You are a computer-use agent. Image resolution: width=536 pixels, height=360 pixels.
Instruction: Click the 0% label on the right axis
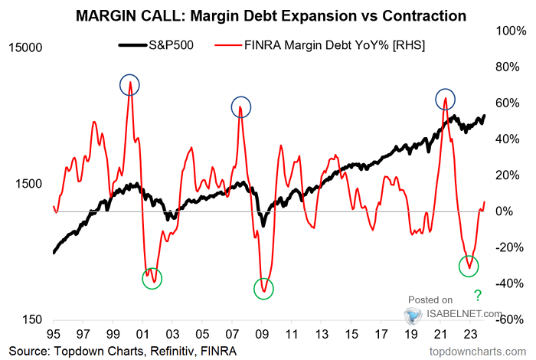[515, 211]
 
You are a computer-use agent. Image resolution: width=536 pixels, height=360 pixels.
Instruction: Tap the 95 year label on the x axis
[54, 335]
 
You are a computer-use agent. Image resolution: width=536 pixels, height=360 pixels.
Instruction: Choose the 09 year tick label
[262, 335]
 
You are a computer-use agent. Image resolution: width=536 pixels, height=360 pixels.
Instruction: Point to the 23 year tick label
[469, 335]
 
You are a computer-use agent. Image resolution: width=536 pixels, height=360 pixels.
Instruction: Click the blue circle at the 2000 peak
[129, 86]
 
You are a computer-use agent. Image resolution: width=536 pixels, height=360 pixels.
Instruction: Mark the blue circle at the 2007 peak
[242, 107]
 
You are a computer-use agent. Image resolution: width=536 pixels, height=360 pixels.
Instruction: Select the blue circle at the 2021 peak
[445, 99]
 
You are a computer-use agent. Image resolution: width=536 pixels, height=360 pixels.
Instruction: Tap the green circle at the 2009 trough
[263, 289]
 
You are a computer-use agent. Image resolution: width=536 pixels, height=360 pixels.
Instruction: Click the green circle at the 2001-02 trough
[152, 278]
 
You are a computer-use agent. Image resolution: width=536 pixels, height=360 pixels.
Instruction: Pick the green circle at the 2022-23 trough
[469, 266]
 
